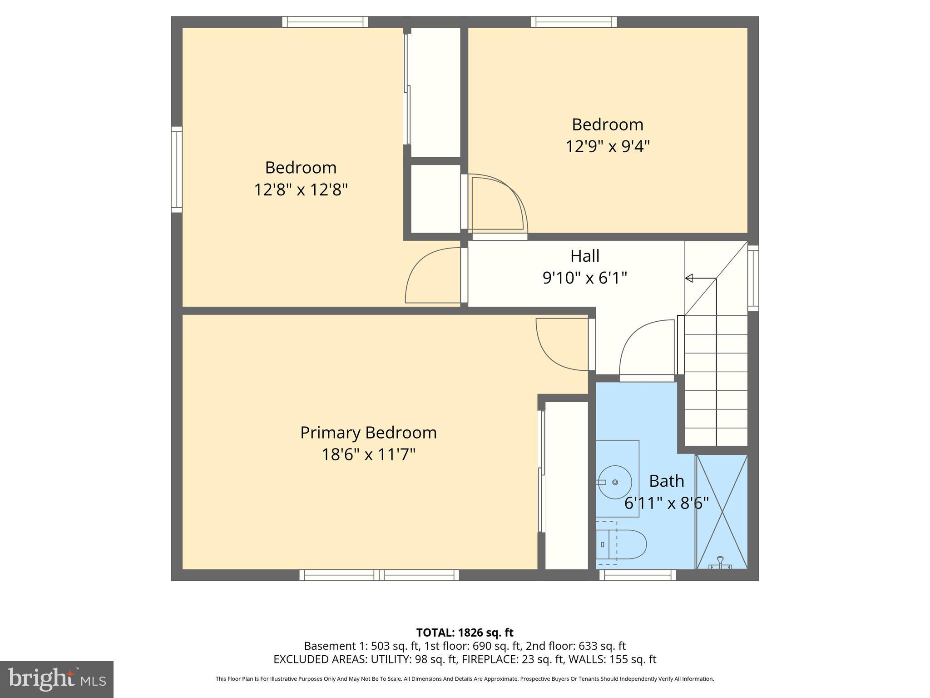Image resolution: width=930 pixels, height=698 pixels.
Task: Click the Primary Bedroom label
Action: click(368, 433)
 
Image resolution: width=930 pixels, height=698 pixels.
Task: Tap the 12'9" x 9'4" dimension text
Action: click(608, 147)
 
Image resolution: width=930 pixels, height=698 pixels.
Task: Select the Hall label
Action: click(585, 256)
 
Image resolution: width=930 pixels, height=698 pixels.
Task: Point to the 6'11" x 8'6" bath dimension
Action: click(666, 503)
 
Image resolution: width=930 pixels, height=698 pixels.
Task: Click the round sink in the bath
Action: click(614, 482)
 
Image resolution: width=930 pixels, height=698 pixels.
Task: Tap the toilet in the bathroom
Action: click(622, 544)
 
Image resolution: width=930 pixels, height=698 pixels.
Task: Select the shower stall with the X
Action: click(722, 511)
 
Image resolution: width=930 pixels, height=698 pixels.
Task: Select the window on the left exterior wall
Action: click(177, 170)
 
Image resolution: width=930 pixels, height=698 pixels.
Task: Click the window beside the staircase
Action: click(753, 278)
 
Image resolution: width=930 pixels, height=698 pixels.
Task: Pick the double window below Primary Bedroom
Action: click(379, 575)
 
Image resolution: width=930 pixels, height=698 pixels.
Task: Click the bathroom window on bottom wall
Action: click(638, 575)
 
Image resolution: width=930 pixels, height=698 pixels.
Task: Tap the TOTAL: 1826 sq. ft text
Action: click(465, 633)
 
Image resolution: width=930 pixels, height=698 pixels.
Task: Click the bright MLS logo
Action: click(57, 679)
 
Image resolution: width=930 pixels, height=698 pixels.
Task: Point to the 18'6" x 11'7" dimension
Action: click(368, 454)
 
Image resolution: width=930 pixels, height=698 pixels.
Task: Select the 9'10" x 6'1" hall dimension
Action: click(585, 278)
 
